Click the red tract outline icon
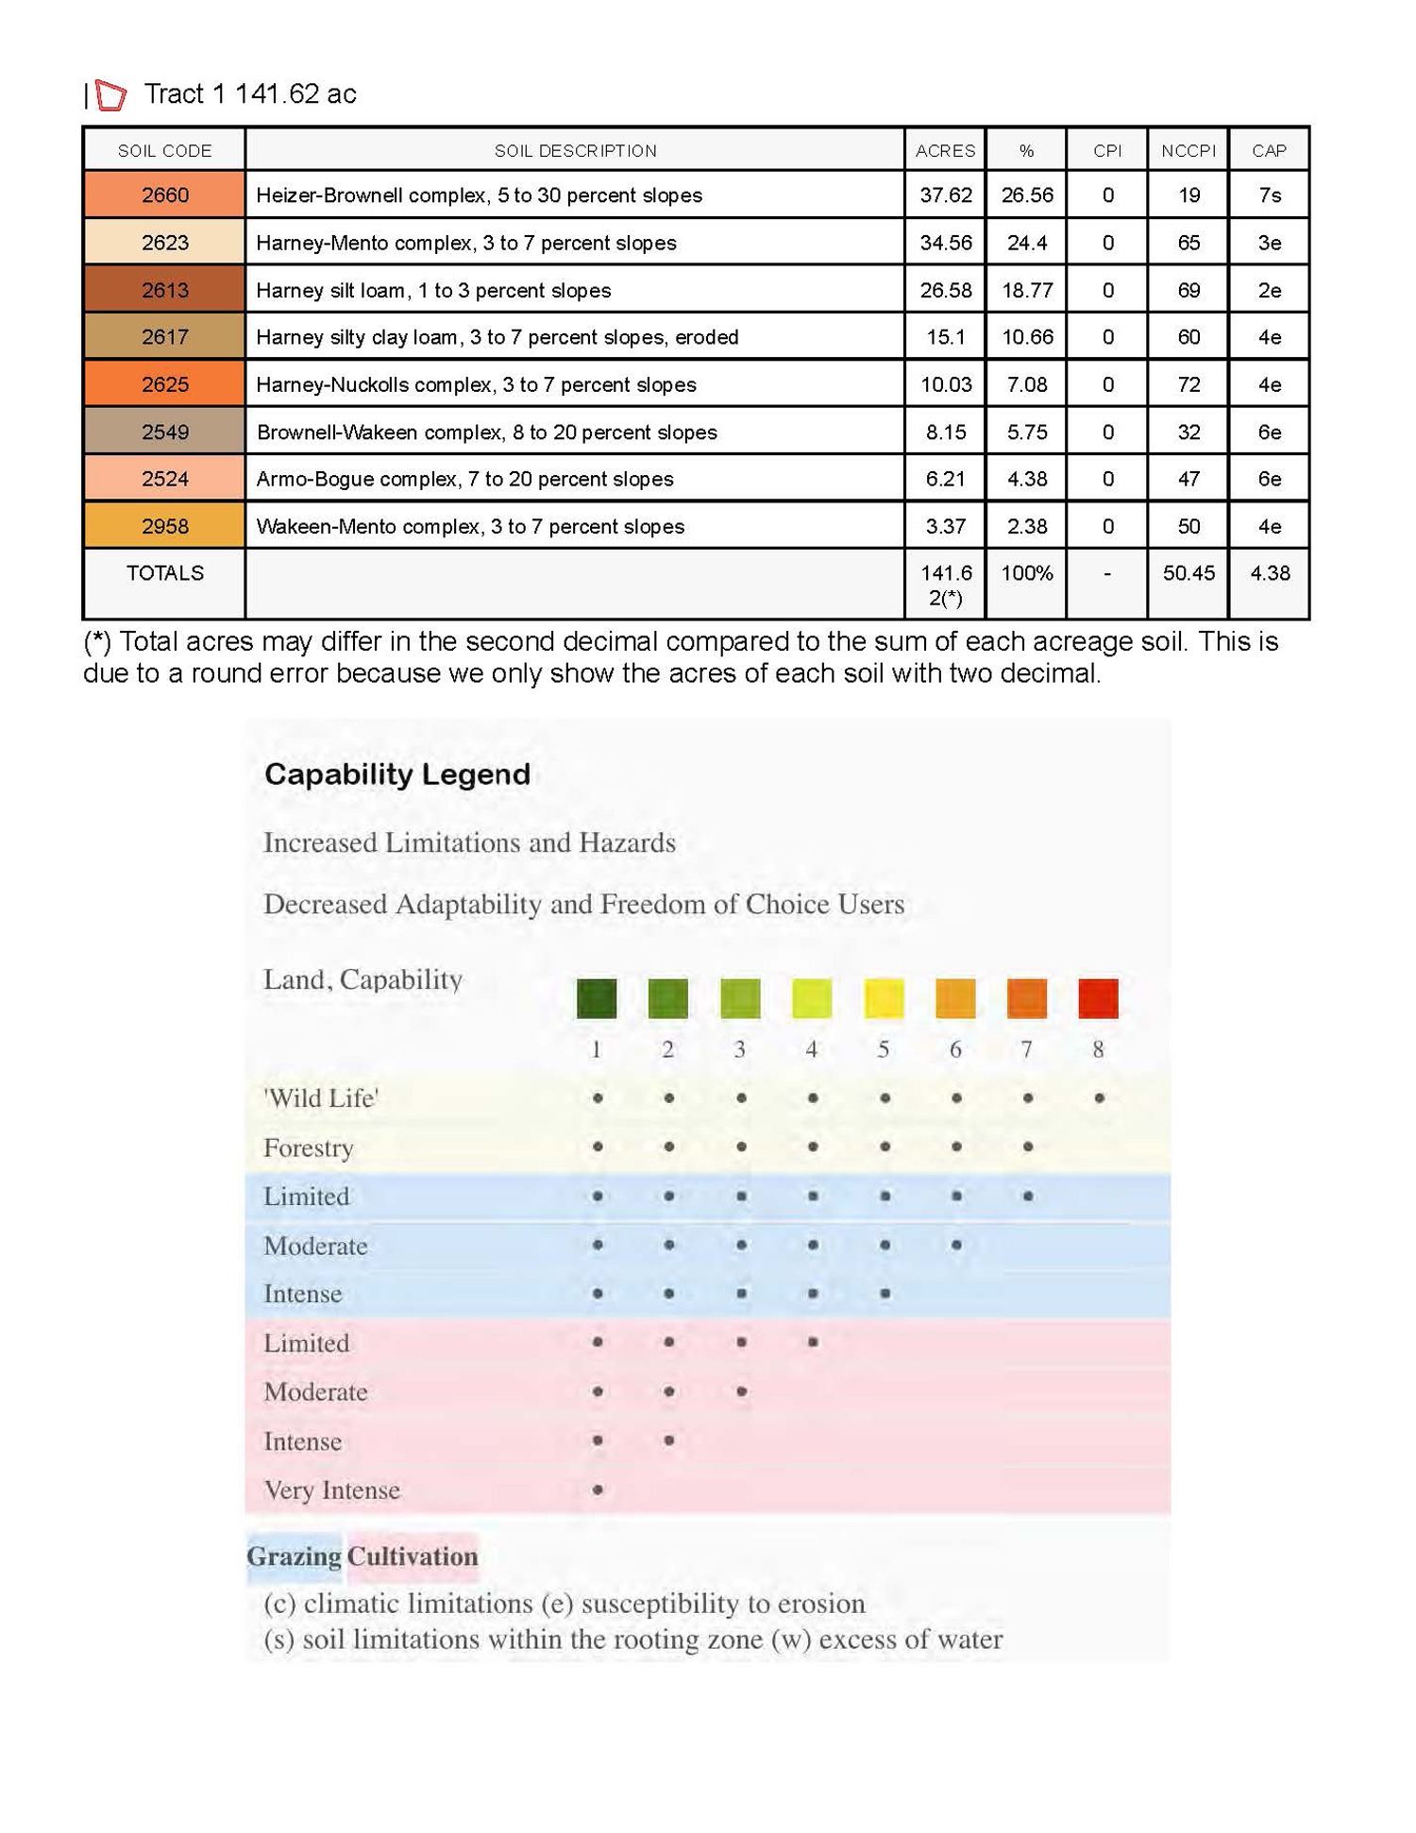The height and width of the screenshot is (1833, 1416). pyautogui.click(x=110, y=94)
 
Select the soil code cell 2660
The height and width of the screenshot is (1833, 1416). pyautogui.click(x=164, y=195)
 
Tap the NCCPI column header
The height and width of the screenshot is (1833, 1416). pyautogui.click(x=1188, y=150)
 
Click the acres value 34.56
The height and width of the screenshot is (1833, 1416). pyautogui.click(x=945, y=243)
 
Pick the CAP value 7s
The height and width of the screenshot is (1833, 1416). pyautogui.click(x=1269, y=195)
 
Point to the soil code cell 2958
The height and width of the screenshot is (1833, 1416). pyautogui.click(x=164, y=526)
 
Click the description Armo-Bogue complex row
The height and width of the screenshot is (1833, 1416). pyautogui.click(x=464, y=479)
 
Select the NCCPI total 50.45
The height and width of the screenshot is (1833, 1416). pyautogui.click(x=1188, y=573)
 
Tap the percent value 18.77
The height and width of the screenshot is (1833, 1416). pyautogui.click(x=1026, y=290)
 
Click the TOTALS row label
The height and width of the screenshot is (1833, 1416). pyautogui.click(x=164, y=573)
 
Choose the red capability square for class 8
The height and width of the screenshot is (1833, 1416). pyautogui.click(x=1098, y=998)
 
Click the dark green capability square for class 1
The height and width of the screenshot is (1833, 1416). pyautogui.click(x=597, y=998)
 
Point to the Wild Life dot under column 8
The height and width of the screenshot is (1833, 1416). pyautogui.click(x=1099, y=1098)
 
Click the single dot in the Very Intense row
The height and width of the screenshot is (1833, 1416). pyautogui.click(x=598, y=1490)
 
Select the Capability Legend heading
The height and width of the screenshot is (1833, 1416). pyautogui.click(x=396, y=774)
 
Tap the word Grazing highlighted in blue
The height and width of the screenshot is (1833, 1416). pyautogui.click(x=294, y=1556)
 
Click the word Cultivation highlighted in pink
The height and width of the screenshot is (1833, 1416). pyautogui.click(x=413, y=1556)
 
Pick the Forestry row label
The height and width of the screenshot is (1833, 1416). pyautogui.click(x=309, y=1147)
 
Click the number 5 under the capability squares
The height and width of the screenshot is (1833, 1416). pyautogui.click(x=884, y=1049)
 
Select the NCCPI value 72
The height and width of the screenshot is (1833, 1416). pyautogui.click(x=1188, y=384)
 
